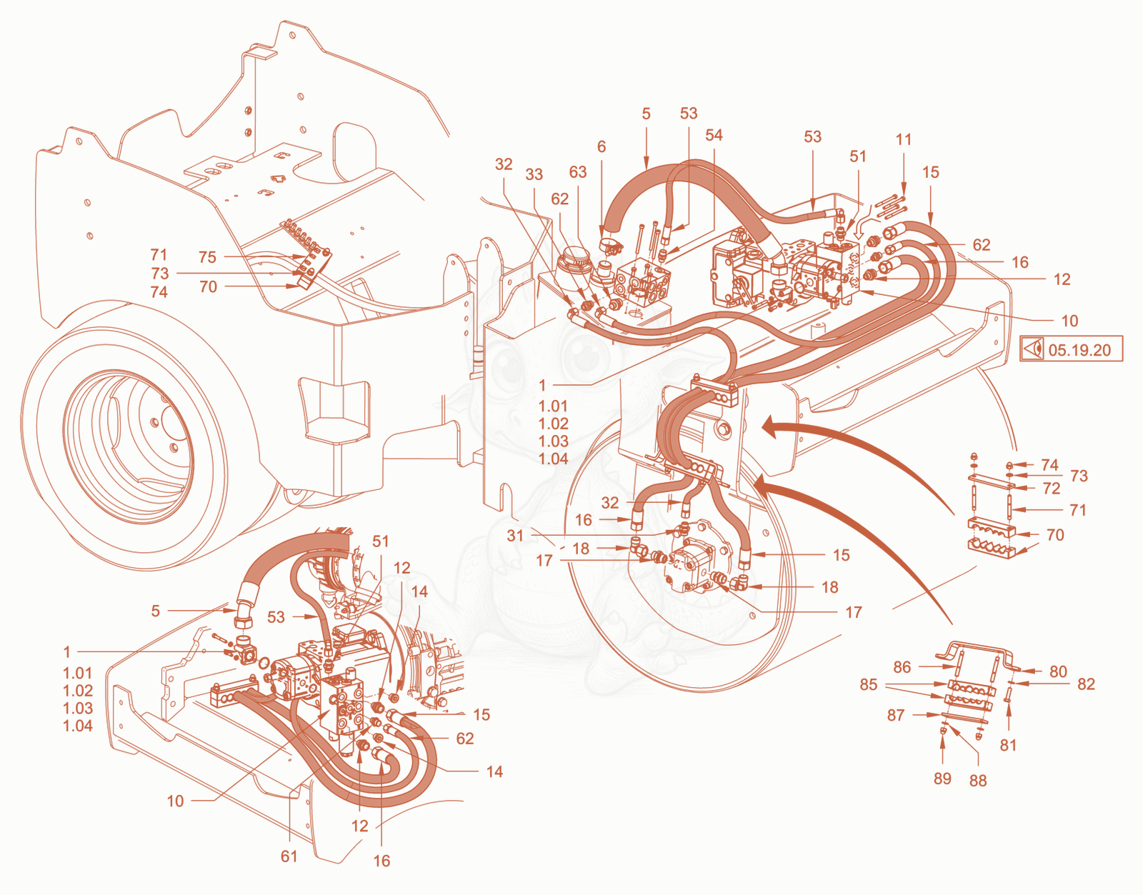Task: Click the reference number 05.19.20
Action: pos(1079,350)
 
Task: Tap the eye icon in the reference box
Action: pos(1032,349)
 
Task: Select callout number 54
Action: pos(714,135)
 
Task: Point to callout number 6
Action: pos(602,146)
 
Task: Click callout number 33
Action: pos(534,174)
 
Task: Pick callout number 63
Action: pos(577,172)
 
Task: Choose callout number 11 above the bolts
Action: pos(904,139)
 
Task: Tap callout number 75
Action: pos(207,257)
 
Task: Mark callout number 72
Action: pos(1052,489)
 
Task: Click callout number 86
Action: pos(902,667)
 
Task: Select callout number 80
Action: pos(1058,671)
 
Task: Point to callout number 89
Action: pos(942,779)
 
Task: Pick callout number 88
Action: pos(978,781)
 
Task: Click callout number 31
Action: pos(515,536)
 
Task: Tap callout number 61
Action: pos(289,856)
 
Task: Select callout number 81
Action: pos(1008,745)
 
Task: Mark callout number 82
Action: pos(1086,684)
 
